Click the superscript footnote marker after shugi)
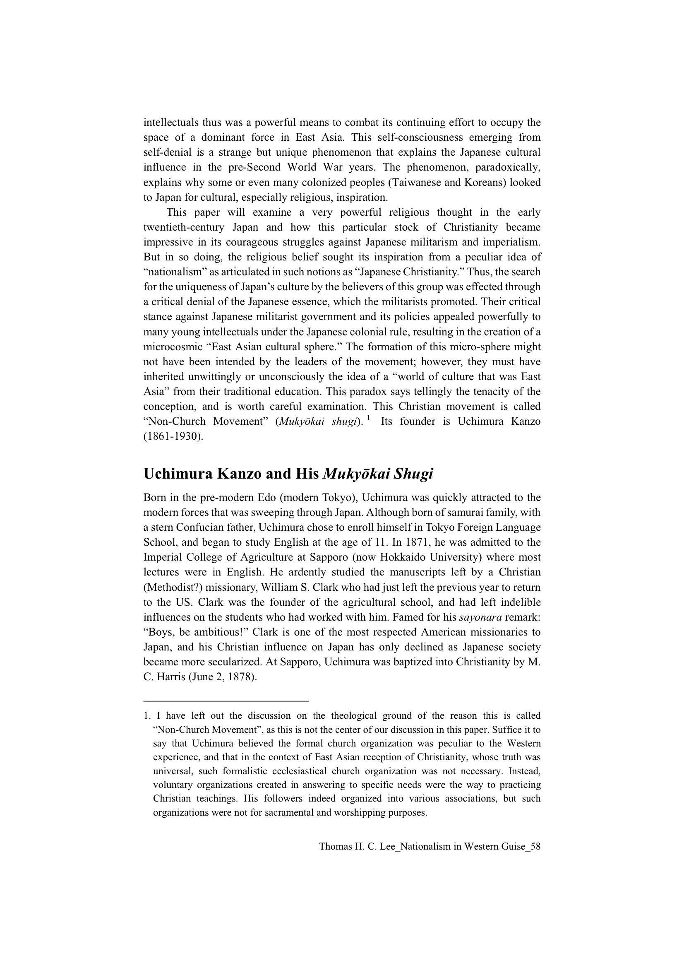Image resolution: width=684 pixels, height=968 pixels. coord(368,418)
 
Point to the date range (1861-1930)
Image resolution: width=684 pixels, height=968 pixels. coord(173,436)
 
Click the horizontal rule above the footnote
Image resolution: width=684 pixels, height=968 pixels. coord(226,701)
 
